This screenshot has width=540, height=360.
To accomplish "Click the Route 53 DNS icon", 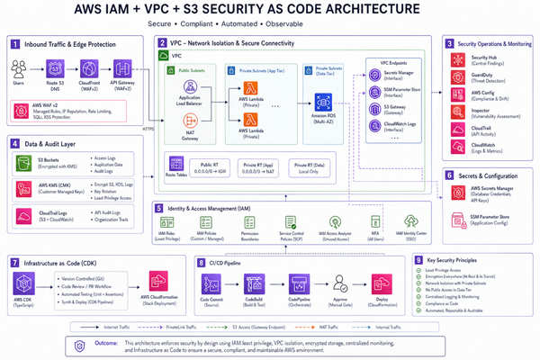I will click(x=55, y=68).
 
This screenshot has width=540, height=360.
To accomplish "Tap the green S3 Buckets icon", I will click(x=22, y=164).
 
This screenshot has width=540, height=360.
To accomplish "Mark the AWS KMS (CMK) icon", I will click(x=22, y=190).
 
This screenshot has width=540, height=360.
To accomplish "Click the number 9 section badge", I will click(x=420, y=260).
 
